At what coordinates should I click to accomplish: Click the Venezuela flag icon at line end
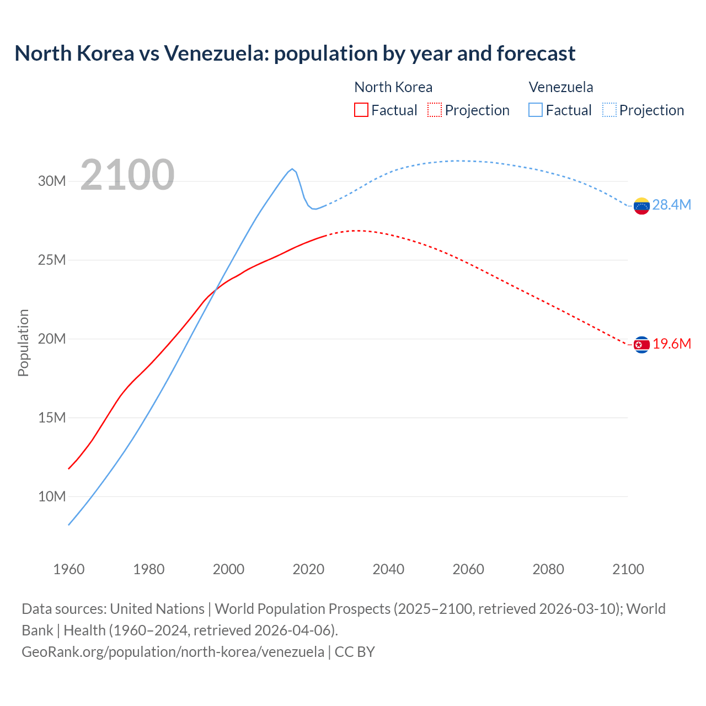(x=641, y=206)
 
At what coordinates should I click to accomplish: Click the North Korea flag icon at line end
(x=641, y=345)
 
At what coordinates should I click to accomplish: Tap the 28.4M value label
(x=671, y=205)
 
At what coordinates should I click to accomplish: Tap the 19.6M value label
(x=671, y=344)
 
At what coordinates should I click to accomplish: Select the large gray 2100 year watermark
(x=127, y=175)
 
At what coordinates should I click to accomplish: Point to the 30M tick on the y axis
(x=52, y=181)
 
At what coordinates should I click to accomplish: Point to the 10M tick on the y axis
(x=52, y=497)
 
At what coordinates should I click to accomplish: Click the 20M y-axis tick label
(x=52, y=339)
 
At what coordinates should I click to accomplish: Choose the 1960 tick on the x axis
(x=69, y=569)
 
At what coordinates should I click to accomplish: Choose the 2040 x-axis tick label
(x=388, y=569)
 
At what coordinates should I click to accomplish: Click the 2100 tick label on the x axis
(x=628, y=569)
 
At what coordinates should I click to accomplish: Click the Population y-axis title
(x=23, y=343)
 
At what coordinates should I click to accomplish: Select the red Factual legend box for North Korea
(x=361, y=110)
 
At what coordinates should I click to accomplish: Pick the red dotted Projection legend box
(x=435, y=110)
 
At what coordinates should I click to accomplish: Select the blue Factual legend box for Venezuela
(x=536, y=110)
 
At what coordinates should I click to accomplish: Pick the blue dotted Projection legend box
(x=609, y=110)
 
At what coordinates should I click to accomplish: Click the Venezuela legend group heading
(x=561, y=87)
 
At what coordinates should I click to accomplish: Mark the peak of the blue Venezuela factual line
(x=292, y=169)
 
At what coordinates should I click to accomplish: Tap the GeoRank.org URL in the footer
(x=173, y=652)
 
